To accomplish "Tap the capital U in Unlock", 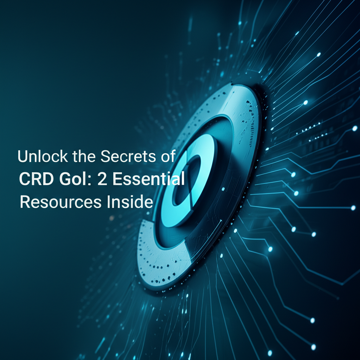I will pos(23,156).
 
